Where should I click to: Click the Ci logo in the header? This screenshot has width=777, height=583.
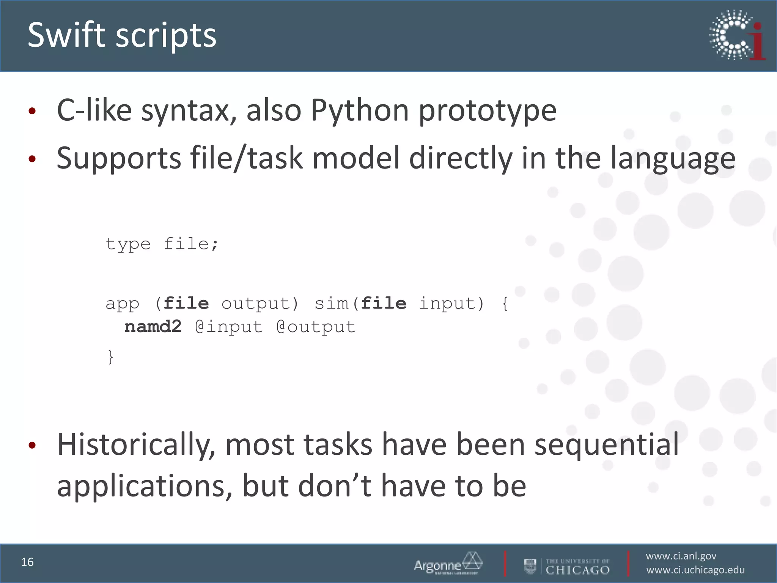(737, 35)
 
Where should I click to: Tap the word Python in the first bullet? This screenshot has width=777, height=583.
(360, 110)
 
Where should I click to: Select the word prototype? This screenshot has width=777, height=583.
(488, 110)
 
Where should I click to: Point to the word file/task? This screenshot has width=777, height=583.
(246, 158)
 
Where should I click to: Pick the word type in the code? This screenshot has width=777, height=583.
(128, 244)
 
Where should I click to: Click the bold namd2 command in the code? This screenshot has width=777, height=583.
(153, 327)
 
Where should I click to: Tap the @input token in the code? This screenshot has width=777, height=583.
(229, 327)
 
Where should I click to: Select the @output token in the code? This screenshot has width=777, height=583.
(316, 327)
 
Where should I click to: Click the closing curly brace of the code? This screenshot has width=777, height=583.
(110, 357)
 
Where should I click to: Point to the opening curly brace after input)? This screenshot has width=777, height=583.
(505, 304)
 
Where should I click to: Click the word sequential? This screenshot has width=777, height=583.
(606, 444)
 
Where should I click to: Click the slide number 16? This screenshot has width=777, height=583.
(27, 562)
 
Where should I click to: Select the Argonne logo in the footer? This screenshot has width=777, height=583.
(448, 563)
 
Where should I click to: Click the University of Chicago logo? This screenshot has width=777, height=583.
(567, 566)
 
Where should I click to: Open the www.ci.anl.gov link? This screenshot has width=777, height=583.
(681, 556)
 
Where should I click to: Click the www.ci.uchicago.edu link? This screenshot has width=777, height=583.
(695, 570)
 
